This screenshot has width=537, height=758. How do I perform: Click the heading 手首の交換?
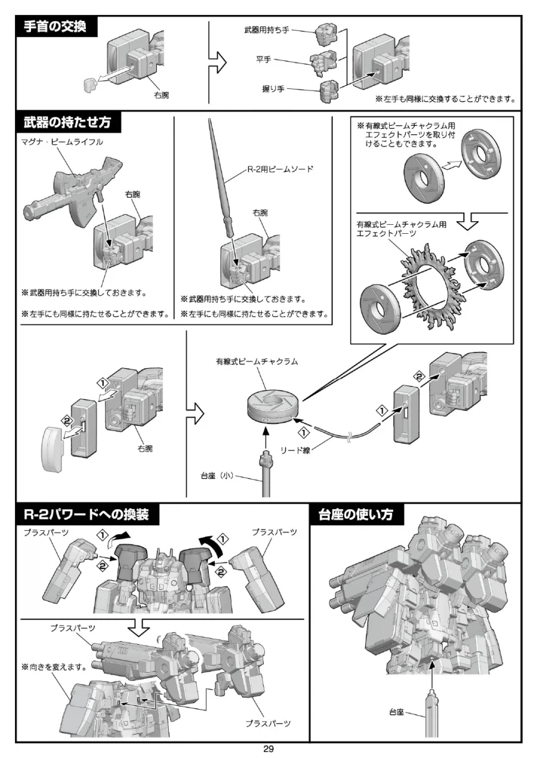click(55, 27)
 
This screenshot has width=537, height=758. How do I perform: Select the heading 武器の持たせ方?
click(67, 123)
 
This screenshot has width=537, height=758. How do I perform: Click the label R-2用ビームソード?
click(280, 169)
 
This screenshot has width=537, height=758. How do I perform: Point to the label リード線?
click(296, 451)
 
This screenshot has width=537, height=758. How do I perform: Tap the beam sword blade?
click(220, 167)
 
